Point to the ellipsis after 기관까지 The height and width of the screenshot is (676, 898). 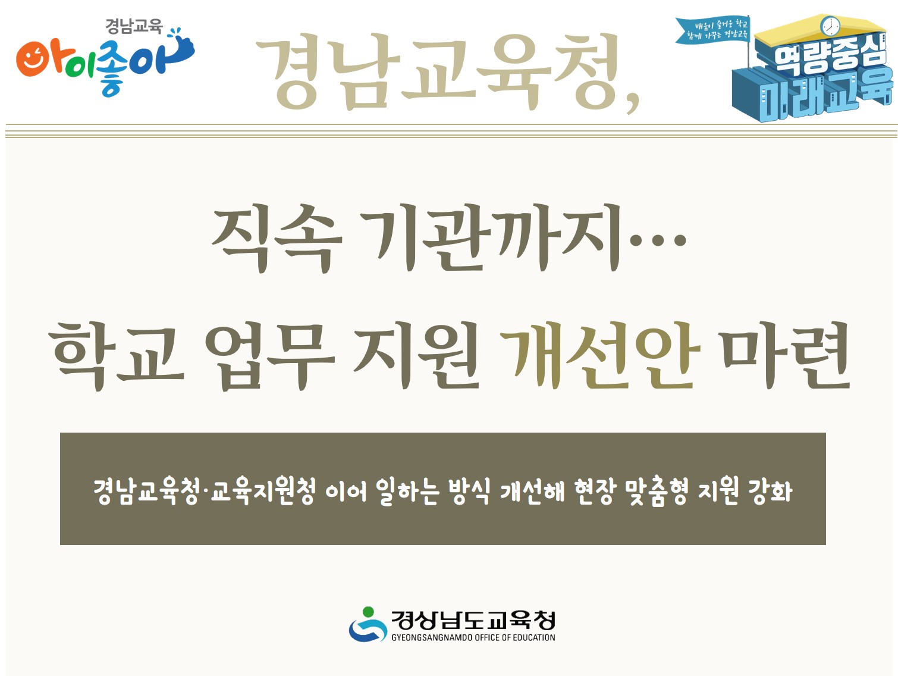pyautogui.click(x=658, y=241)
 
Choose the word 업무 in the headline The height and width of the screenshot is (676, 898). pyautogui.click(x=269, y=355)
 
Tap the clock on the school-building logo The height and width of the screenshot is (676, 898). pyautogui.click(x=830, y=26)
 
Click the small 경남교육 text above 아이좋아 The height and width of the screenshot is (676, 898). pyautogui.click(x=134, y=26)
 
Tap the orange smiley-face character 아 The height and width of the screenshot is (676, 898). pyautogui.click(x=40, y=60)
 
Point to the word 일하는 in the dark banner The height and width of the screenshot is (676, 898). pyautogui.click(x=407, y=492)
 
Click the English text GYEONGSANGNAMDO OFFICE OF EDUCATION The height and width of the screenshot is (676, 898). pyautogui.click(x=473, y=637)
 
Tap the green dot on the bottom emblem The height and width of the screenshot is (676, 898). pyautogui.click(x=368, y=612)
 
